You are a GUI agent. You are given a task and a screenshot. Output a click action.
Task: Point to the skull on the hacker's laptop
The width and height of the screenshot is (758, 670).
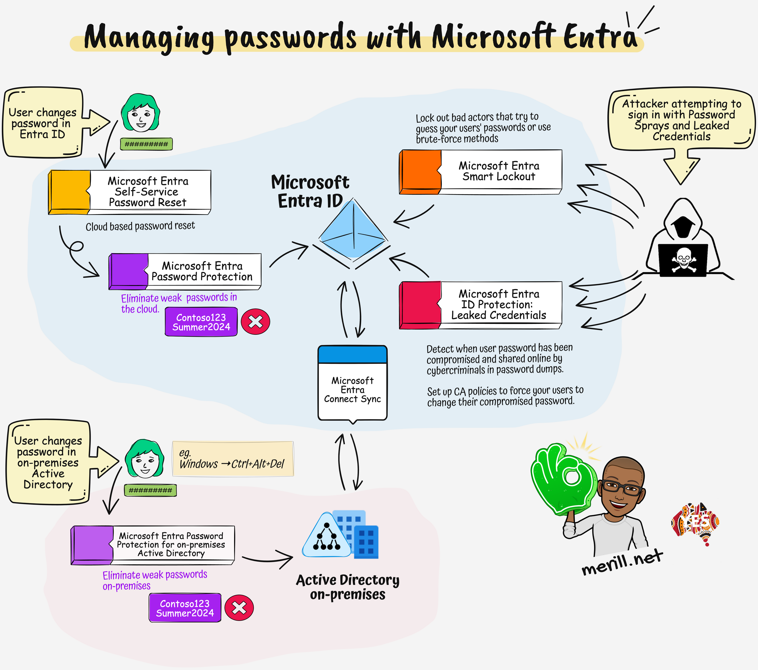[x=683, y=259]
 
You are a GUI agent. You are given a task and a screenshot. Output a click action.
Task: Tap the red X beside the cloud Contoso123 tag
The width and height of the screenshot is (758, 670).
[x=255, y=322]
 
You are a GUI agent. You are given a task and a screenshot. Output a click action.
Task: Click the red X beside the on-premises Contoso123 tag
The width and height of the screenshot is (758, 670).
[x=239, y=608]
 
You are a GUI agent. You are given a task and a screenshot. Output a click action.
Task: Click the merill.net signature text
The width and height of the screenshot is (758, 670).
[x=622, y=562]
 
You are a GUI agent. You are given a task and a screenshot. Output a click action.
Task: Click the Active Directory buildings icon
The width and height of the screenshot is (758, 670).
[x=341, y=535]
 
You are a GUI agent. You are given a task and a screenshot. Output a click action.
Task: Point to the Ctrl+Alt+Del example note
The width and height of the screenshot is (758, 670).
[x=233, y=459]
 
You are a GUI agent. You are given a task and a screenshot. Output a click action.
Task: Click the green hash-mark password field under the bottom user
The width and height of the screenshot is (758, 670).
[x=150, y=490]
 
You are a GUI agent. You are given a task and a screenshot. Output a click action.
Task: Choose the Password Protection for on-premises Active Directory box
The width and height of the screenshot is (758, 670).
[x=153, y=545]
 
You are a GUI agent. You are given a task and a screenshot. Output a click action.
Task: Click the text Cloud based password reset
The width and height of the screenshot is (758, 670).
[x=140, y=226]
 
